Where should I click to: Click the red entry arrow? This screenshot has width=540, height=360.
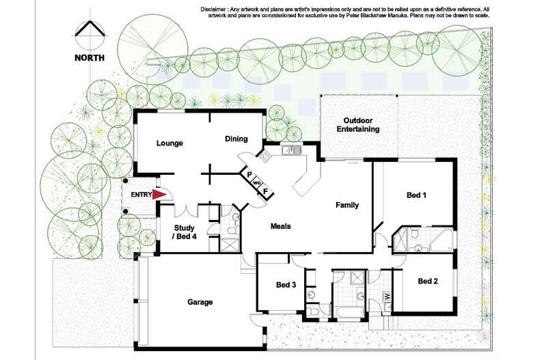pyautogui.click(x=159, y=195)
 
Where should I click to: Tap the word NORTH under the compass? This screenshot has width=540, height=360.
pyautogui.click(x=90, y=58)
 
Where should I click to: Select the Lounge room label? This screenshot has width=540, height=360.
pyautogui.click(x=169, y=143)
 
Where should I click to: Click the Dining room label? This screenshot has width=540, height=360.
pyautogui.click(x=236, y=139)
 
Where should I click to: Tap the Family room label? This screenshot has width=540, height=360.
pyautogui.click(x=347, y=205)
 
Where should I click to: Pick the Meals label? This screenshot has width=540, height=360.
pyautogui.click(x=282, y=226)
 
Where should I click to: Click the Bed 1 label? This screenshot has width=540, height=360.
pyautogui.click(x=416, y=195)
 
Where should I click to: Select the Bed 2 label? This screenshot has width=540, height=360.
pyautogui.click(x=428, y=281)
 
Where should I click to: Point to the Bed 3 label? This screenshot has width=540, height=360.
pyautogui.click(x=286, y=285)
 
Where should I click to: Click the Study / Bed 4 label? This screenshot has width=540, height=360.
pyautogui.click(x=185, y=232)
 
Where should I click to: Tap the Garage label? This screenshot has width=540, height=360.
pyautogui.click(x=200, y=302)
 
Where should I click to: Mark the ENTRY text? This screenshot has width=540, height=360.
pyautogui.click(x=140, y=195)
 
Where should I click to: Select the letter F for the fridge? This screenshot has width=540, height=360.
pyautogui.click(x=266, y=191)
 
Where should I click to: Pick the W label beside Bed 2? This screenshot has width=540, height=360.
pyautogui.click(x=387, y=296)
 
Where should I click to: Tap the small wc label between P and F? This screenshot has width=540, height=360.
pyautogui.click(x=258, y=183)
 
